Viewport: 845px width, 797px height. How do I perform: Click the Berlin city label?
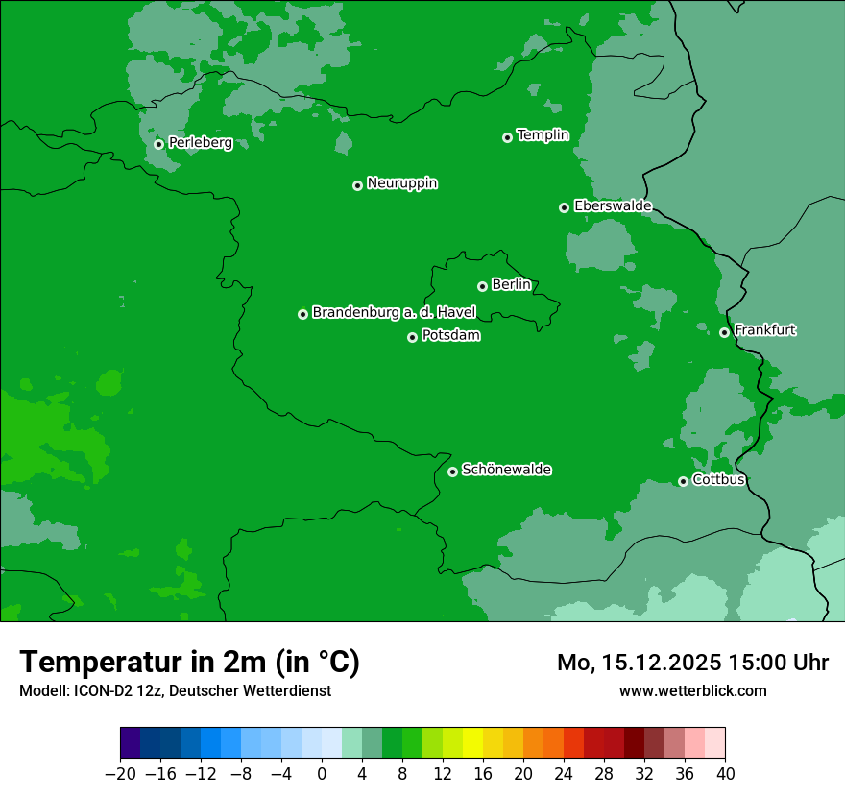[511, 284]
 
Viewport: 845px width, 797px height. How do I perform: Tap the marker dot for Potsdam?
[413, 337]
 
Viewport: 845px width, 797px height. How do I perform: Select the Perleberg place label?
[200, 143]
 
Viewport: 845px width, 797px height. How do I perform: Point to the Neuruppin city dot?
[357, 185]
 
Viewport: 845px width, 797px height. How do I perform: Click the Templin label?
[543, 135]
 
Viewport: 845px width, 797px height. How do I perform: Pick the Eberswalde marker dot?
[564, 207]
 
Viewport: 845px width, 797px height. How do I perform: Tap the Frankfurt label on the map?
[764, 330]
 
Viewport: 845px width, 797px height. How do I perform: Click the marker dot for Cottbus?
[683, 481]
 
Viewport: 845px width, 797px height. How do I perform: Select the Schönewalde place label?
[506, 470]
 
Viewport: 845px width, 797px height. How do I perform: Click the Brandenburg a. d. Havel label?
[394, 312]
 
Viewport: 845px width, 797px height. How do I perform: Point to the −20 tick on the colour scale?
[120, 773]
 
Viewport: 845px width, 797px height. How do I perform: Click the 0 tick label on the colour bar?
[322, 773]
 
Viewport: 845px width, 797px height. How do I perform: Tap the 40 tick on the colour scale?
[725, 773]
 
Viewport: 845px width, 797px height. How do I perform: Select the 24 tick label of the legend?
[564, 773]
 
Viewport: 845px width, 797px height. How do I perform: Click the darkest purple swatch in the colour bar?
[131, 743]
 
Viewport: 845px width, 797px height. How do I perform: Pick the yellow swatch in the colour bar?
[473, 743]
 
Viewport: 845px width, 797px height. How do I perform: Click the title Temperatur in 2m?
[189, 662]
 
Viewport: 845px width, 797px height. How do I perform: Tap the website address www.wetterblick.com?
[692, 690]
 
